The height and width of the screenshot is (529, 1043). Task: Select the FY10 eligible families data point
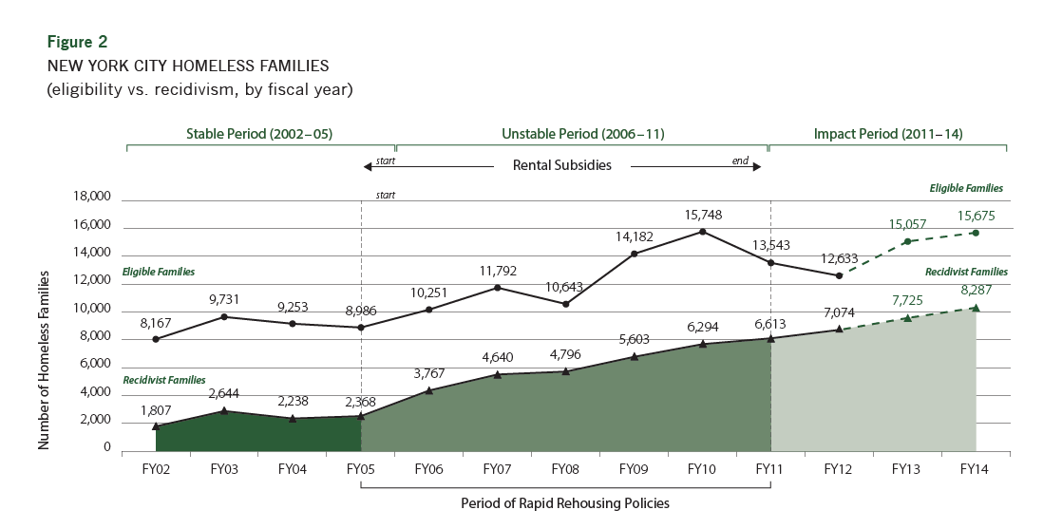(702, 232)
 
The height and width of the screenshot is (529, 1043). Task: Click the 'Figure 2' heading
(77, 42)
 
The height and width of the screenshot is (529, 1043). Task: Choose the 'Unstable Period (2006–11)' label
(581, 134)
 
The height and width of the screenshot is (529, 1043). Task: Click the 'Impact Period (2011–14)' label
(888, 134)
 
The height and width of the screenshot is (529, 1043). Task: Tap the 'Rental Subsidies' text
(562, 164)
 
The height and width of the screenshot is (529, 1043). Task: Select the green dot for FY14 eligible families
(976, 233)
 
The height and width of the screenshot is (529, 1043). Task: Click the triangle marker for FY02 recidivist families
(156, 426)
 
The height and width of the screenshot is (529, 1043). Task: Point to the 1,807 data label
(156, 409)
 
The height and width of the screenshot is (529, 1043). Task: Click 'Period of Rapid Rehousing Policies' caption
(565, 503)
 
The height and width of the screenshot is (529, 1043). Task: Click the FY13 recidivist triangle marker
(907, 317)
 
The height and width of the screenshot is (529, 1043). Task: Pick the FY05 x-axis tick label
(361, 468)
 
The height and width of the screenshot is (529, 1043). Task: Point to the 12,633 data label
(839, 257)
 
